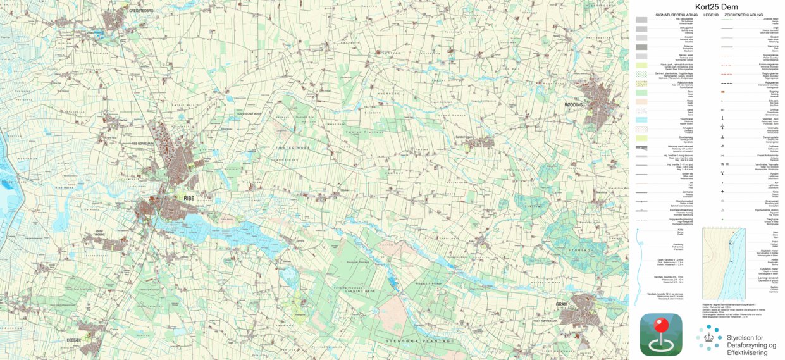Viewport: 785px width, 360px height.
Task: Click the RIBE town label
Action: coord(189,198)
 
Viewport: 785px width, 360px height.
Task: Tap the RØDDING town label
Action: coord(573,104)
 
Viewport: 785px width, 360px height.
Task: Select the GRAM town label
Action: coord(562,304)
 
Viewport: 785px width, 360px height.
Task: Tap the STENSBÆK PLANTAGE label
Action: coord(420,341)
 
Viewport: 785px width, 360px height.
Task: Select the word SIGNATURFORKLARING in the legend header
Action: coord(677,14)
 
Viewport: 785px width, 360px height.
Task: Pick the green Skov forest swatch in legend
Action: coord(641,92)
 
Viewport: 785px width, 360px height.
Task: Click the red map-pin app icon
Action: coord(660,334)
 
